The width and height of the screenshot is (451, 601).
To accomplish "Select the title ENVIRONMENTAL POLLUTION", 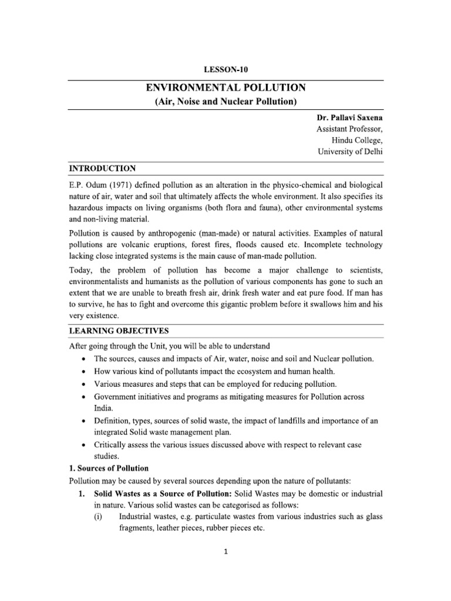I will click(225, 88).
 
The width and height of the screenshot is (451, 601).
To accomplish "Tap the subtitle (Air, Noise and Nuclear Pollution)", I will click(225, 102).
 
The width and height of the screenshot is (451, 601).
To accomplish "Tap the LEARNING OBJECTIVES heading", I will click(119, 330).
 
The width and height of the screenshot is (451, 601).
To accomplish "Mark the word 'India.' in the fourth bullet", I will click(105, 408).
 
